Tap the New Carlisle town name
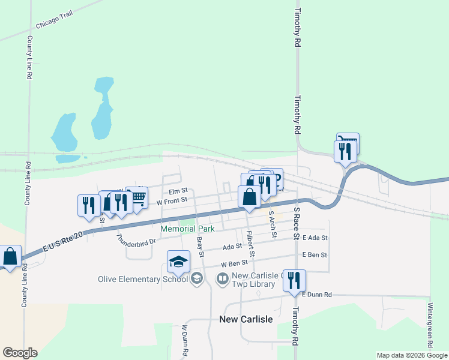tap(246, 319)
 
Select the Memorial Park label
tap(187, 229)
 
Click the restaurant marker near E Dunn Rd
tap(294, 280)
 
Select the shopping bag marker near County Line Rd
tap(10, 256)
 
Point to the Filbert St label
tap(250, 244)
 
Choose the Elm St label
tap(178, 190)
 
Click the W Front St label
tap(172, 201)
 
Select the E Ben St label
tap(315, 255)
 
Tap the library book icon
tap(222, 278)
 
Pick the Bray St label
tap(201, 247)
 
